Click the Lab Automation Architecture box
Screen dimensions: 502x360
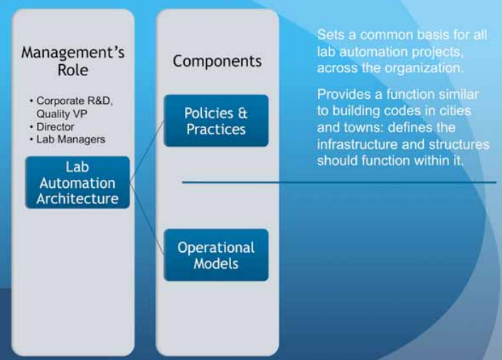coord(78,183)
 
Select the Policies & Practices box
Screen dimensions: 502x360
coord(216,121)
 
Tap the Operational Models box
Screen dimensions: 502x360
coord(216,255)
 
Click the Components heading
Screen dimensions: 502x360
coord(217,61)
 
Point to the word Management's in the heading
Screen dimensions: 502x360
coord(73,52)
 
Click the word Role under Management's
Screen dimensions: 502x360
coord(73,70)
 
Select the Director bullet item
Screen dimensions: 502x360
coord(55,127)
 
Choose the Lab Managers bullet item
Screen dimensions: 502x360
coord(70,139)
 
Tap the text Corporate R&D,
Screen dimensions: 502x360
coord(74,100)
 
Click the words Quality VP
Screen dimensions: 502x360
coord(61,114)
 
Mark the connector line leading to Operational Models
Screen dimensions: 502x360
coord(147,218)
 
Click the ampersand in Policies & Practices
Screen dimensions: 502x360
coord(242,113)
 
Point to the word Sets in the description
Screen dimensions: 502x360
coord(331,35)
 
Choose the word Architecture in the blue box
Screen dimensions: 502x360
coord(78,199)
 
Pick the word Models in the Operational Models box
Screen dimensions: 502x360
coord(216,264)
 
